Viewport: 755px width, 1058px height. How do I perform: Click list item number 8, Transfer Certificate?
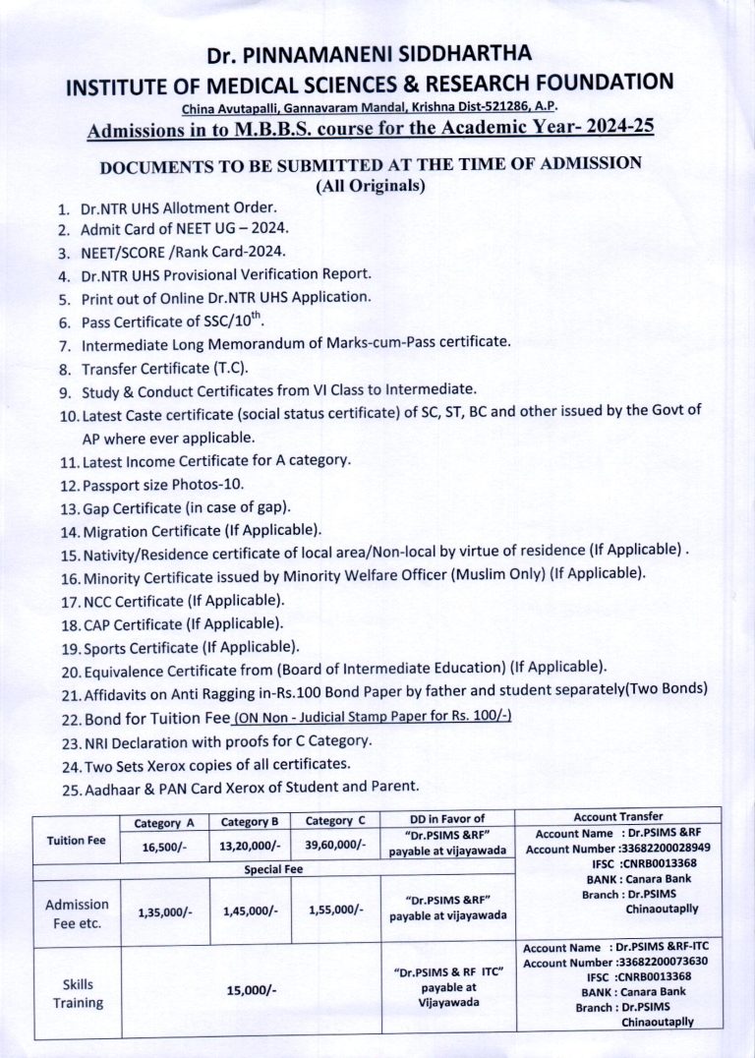pyautogui.click(x=164, y=369)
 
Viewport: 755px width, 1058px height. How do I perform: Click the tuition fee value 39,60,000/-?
pyautogui.click(x=335, y=844)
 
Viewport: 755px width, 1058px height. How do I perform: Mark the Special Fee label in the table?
pyautogui.click(x=273, y=869)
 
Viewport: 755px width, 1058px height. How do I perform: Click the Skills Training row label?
pyautogui.click(x=78, y=992)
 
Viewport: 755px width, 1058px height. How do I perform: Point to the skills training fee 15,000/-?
pyautogui.click(x=251, y=990)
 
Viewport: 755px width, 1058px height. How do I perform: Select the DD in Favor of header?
pyautogui.click(x=447, y=818)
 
